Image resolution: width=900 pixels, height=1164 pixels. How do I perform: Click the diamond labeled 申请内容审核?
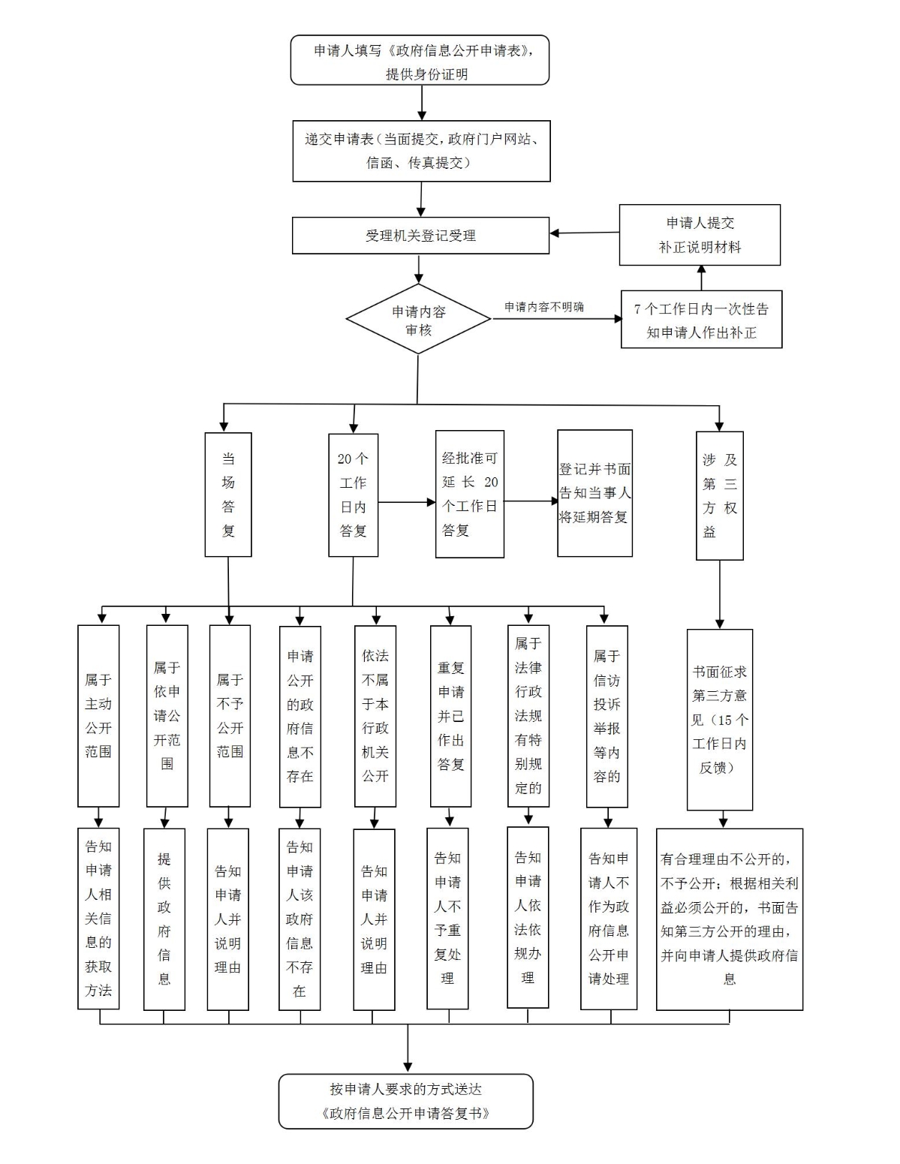tap(419, 320)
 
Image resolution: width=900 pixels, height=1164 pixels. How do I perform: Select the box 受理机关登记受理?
tap(420, 236)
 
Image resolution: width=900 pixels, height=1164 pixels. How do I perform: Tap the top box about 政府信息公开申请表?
tap(420, 61)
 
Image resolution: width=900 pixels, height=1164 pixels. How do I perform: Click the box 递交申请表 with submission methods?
tap(421, 151)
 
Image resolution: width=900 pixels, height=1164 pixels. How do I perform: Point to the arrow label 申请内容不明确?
tap(543, 307)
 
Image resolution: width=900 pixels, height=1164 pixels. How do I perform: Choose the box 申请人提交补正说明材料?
tap(700, 235)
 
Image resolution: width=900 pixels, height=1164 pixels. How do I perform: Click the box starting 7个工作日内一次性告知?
tap(701, 320)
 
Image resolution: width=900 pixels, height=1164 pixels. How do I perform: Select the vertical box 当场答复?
tap(228, 495)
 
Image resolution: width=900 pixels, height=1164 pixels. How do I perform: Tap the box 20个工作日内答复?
tap(353, 495)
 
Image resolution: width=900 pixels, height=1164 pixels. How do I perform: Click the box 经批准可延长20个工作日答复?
tap(470, 494)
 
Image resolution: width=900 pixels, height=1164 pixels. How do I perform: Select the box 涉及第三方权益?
tap(719, 495)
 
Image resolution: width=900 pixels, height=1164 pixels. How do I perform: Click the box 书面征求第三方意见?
tap(719, 719)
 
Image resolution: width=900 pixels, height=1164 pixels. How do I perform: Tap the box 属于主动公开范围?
tap(98, 716)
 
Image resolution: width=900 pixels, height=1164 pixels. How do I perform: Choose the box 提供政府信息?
tap(164, 919)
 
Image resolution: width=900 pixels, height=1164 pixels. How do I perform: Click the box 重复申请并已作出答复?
tap(450, 716)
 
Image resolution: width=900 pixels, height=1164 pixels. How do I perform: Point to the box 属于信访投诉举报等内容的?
tap(607, 716)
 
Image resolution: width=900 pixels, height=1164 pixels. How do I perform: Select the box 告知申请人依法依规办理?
tap(528, 917)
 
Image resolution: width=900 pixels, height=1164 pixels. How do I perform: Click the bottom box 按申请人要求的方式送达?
tap(406, 1101)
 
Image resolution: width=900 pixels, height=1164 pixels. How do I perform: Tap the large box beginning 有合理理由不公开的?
tap(729, 919)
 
